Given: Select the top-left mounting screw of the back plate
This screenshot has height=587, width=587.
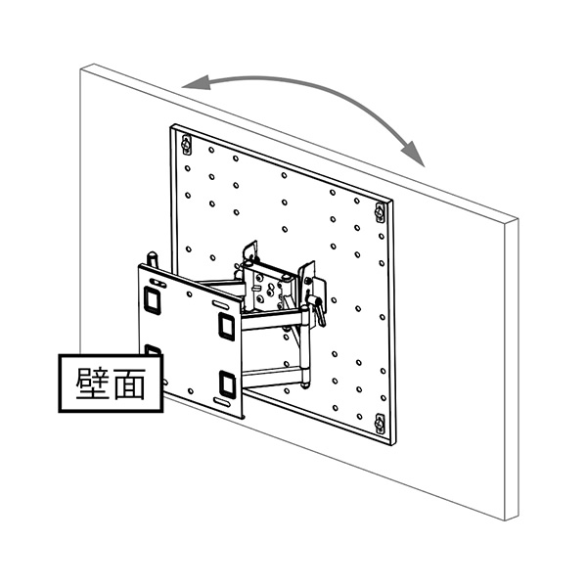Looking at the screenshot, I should coord(187,145).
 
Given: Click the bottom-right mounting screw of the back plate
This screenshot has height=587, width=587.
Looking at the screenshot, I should coord(380,424).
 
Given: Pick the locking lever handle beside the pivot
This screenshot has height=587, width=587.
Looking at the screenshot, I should coord(315,297).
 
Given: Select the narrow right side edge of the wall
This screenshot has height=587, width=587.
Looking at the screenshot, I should coord(512,372).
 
